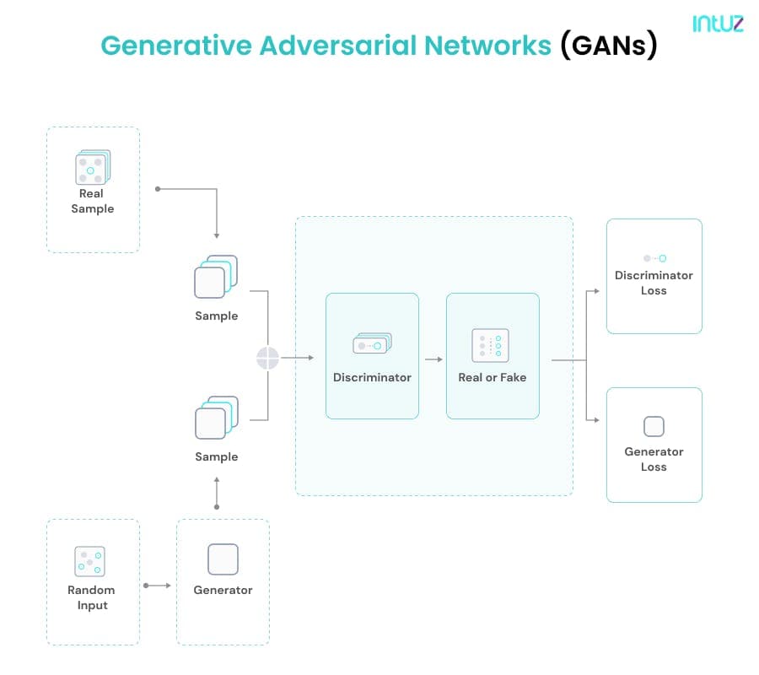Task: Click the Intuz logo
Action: coord(718,24)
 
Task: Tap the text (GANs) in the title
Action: coord(609,46)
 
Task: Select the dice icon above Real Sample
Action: coord(93,167)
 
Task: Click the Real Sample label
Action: coord(93,201)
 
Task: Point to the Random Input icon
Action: coord(90,561)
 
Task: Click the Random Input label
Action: coord(91,597)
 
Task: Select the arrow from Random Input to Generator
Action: coord(158,586)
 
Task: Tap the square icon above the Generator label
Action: coord(223,559)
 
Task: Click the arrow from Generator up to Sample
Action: coord(217,493)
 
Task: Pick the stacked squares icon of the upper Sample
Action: coord(216,277)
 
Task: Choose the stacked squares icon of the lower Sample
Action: coord(217,418)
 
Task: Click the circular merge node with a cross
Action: coord(267,358)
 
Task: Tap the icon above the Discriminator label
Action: coord(372,343)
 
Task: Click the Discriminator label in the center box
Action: coord(372,377)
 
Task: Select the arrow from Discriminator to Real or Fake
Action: coord(433,359)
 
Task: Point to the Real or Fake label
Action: coord(493,377)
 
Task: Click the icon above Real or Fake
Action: coord(490,345)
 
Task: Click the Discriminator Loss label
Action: coord(654,283)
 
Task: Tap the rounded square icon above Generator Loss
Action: coord(654,427)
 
